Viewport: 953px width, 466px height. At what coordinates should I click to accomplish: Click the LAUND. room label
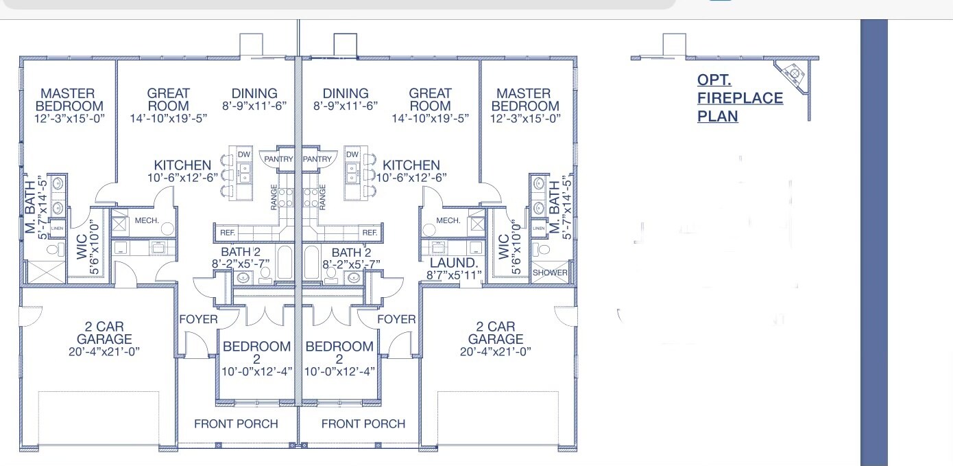pos(453,263)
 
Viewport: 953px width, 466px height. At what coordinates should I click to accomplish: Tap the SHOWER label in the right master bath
pos(550,272)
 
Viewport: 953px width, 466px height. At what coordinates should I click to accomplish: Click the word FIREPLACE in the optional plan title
pos(740,98)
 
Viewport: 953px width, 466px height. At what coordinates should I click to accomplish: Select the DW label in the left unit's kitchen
pos(244,154)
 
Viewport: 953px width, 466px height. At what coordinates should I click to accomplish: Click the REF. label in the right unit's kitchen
pos(370,233)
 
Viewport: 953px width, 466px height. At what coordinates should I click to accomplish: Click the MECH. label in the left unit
pos(147,220)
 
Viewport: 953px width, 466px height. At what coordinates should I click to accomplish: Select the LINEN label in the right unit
pos(538,228)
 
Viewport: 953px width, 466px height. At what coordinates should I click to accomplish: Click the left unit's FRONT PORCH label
pos(236,424)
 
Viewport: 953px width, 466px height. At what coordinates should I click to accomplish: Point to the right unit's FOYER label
pos(396,319)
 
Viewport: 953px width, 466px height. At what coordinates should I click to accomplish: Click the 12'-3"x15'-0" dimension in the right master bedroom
pos(525,118)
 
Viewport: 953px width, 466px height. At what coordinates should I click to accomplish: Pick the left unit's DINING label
pos(254,93)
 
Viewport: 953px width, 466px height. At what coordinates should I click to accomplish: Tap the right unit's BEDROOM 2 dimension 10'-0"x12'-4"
pos(339,372)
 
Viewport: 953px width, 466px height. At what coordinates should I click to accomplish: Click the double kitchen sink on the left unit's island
pos(244,172)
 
